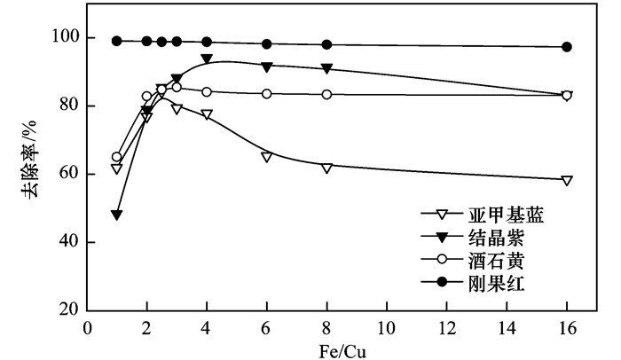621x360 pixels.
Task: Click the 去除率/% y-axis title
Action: point(32,170)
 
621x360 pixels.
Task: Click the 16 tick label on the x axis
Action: point(566,327)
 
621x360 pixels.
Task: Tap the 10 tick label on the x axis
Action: point(387,327)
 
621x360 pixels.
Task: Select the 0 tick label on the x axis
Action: point(87,327)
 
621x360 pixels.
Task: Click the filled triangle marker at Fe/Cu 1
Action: point(117,215)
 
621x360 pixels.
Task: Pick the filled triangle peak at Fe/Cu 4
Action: point(207,59)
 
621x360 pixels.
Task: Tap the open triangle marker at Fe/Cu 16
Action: point(567,180)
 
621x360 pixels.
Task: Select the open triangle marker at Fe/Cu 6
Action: point(266,156)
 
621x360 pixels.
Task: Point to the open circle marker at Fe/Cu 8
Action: point(326,94)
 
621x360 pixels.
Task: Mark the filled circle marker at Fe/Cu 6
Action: point(266,43)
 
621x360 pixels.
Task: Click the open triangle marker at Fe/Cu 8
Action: point(326,167)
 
